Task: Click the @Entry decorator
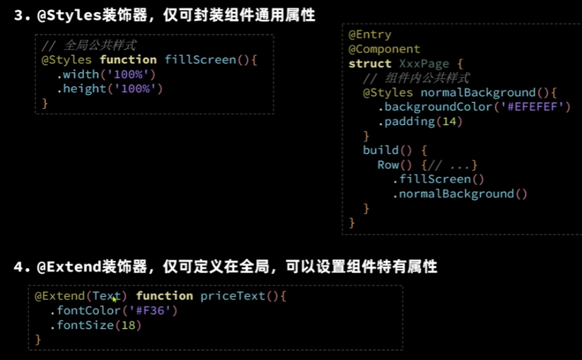(x=370, y=34)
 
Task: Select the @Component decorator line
(x=384, y=49)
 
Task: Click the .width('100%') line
(x=106, y=74)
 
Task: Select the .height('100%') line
(x=110, y=88)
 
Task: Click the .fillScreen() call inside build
(x=438, y=180)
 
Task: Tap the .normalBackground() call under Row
(x=460, y=194)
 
